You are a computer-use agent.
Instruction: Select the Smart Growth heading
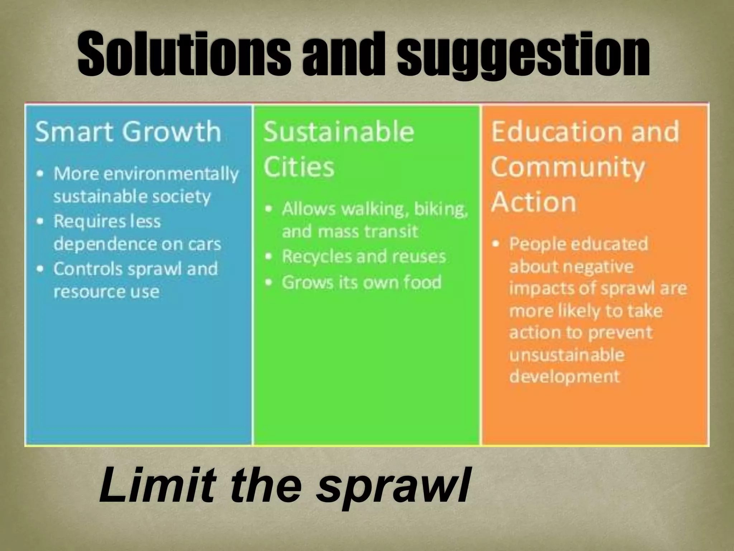pos(128,132)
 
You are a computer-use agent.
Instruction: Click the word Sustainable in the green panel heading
pos(339,132)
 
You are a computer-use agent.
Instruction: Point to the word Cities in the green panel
pos(299,167)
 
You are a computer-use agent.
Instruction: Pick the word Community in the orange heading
pos(568,167)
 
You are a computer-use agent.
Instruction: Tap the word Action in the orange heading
pos(534,202)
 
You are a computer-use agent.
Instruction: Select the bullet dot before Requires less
pos(41,221)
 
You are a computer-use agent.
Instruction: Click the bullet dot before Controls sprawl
pos(41,269)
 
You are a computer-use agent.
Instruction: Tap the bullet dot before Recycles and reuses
pos(269,256)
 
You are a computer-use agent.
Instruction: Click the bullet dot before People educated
pos(496,244)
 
